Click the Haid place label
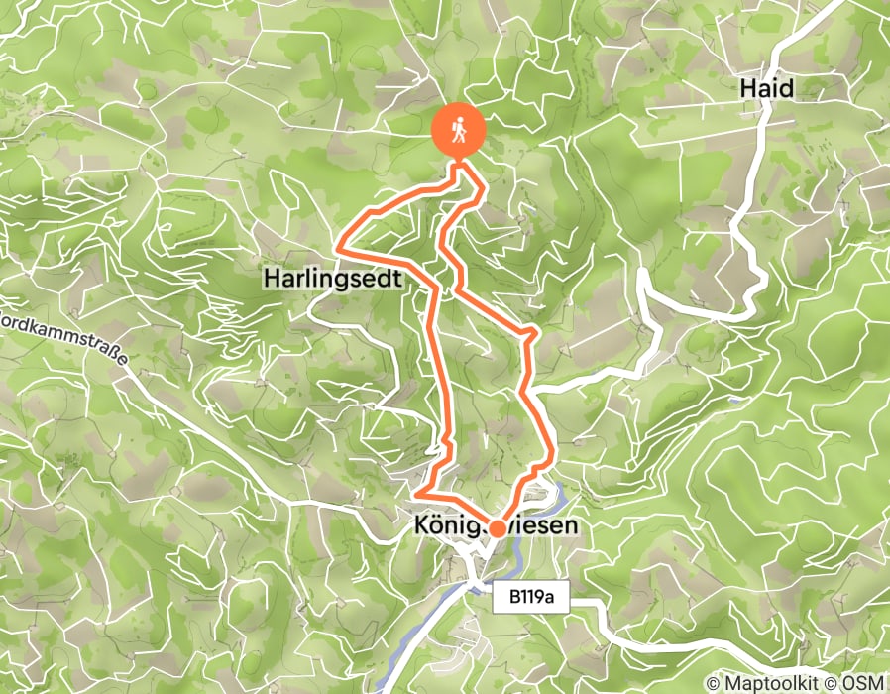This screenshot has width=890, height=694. [x=766, y=89]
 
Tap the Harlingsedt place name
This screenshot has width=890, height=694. [x=333, y=281]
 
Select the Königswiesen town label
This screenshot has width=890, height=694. [x=493, y=528]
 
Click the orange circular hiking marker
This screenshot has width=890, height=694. [x=459, y=130]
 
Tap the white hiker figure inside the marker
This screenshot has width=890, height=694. [x=459, y=130]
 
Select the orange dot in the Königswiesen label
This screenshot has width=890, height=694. [x=495, y=528]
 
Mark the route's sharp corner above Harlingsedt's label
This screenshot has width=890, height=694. [x=339, y=243]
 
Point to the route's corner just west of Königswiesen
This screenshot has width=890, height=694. [x=418, y=492]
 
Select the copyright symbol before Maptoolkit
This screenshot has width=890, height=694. [x=715, y=683]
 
